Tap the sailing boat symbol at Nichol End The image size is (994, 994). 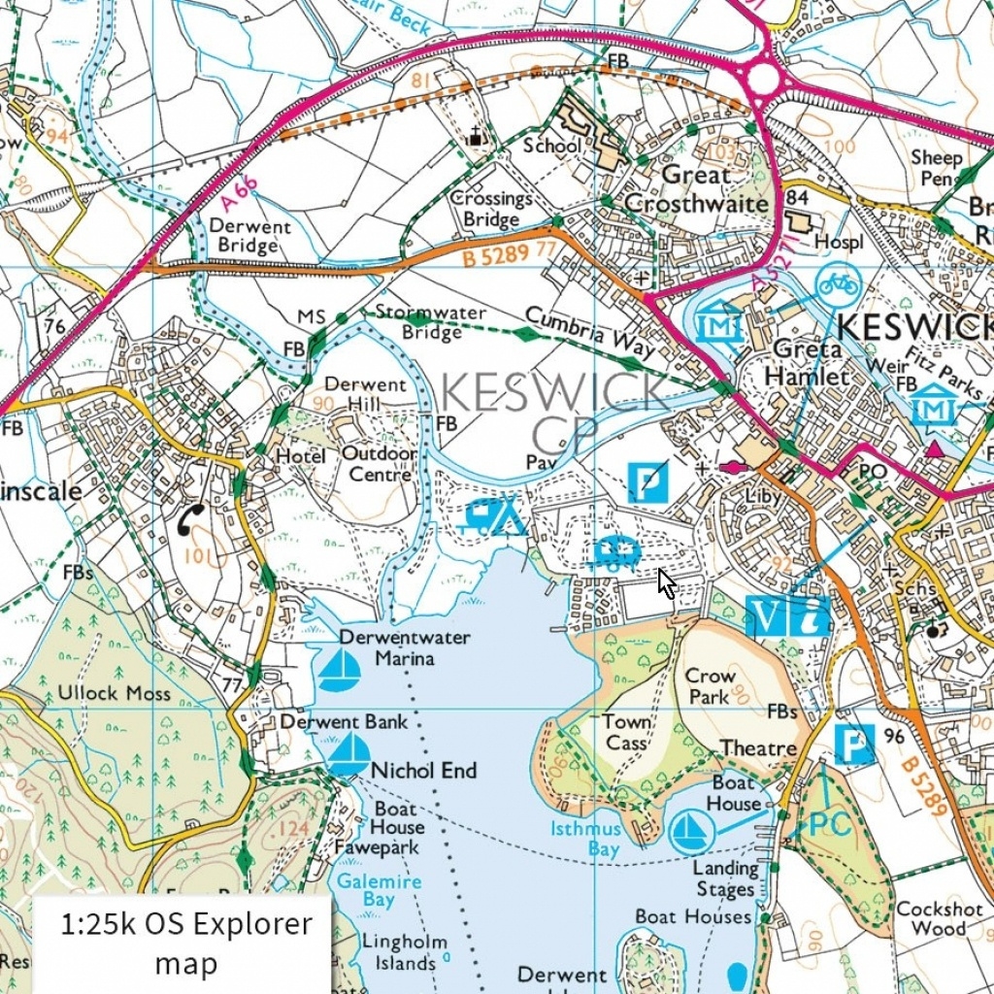point(348,754)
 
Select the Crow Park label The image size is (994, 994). point(711,685)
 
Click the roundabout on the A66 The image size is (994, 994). point(765,79)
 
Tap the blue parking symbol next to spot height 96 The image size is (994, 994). point(854,745)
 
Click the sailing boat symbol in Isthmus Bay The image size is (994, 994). point(691,831)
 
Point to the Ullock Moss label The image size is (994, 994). point(114,693)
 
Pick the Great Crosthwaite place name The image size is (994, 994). point(695,189)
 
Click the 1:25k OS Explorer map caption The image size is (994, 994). point(186,944)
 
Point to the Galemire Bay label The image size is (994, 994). point(380,890)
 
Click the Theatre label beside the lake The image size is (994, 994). point(757,748)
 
